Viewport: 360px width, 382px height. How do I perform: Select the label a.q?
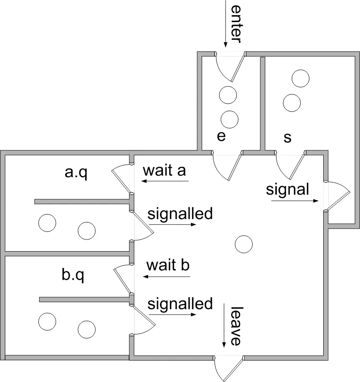(76, 172)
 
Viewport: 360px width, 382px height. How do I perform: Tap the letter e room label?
(221, 136)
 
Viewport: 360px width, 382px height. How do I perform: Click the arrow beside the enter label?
(225, 23)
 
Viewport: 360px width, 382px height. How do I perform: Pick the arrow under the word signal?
(295, 201)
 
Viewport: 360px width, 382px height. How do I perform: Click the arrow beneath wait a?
(165, 181)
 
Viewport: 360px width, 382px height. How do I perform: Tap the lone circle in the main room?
(243, 244)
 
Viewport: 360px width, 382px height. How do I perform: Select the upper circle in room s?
(300, 78)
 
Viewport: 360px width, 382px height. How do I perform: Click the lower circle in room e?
(229, 120)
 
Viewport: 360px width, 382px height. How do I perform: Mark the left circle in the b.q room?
(47, 321)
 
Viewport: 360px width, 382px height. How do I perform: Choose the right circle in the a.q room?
(86, 230)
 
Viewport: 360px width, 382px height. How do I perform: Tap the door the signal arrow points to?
(337, 196)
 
